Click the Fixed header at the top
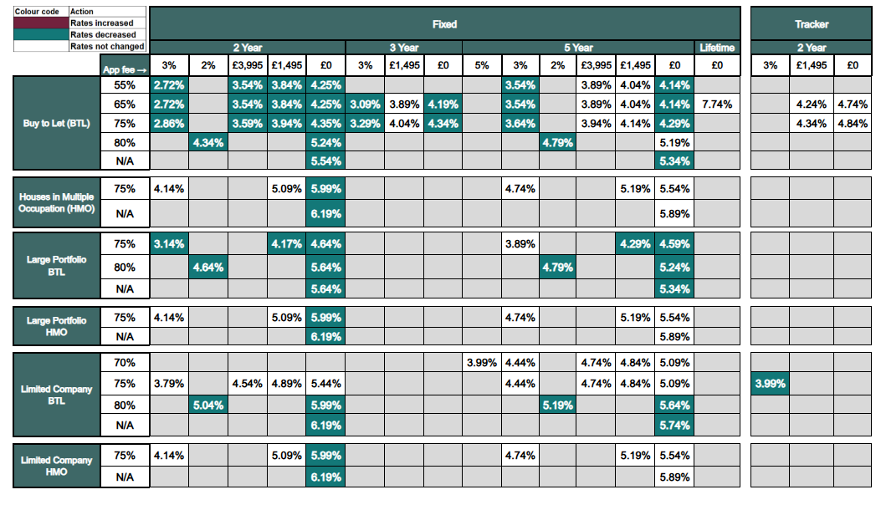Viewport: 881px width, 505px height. click(444, 24)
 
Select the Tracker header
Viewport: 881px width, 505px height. click(811, 24)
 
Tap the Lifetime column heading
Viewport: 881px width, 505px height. click(717, 48)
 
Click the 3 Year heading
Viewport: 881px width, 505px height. click(403, 48)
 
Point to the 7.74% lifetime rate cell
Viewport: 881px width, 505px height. click(717, 105)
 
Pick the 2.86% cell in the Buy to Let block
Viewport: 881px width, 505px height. click(169, 124)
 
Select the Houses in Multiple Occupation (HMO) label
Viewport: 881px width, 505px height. click(56, 202)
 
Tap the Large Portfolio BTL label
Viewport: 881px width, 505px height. click(56, 265)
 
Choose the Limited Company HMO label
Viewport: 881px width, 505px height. click(56, 466)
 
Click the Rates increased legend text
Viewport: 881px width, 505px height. click(103, 23)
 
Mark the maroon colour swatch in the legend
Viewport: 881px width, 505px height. click(41, 23)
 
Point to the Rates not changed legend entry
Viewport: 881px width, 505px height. click(107, 47)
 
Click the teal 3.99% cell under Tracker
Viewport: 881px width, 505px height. click(770, 384)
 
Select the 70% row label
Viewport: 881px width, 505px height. click(125, 363)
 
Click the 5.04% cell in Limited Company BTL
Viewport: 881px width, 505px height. click(207, 405)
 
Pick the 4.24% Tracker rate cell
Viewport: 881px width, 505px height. click(811, 105)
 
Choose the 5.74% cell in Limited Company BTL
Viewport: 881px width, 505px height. click(674, 425)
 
